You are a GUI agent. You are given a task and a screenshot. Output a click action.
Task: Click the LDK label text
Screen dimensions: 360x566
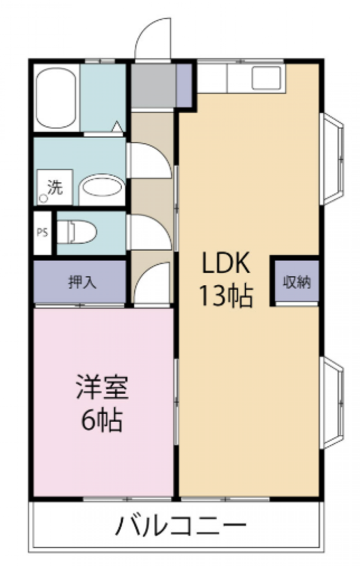[226, 262]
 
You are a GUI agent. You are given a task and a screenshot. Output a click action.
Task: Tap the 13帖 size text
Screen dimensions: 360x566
[226, 295]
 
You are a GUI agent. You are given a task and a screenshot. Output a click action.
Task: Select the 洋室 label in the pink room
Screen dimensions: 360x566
[103, 387]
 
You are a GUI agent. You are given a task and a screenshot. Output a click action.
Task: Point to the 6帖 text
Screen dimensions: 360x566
[102, 420]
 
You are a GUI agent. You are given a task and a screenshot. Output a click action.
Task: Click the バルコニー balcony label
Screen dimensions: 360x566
[180, 525]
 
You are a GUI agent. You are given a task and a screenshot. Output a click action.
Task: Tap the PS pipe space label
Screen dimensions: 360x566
[42, 233]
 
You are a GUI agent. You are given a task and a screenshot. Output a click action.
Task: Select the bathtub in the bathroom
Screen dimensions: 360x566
[56, 98]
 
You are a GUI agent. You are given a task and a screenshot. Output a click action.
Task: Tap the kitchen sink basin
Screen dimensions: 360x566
[266, 78]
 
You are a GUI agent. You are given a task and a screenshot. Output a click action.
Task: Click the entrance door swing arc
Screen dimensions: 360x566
[148, 30]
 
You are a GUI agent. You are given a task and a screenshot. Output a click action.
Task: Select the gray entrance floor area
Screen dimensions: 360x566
[153, 85]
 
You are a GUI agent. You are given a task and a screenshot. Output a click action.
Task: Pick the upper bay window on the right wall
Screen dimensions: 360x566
[332, 159]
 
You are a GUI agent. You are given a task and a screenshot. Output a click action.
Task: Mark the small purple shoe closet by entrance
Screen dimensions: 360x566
[184, 85]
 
